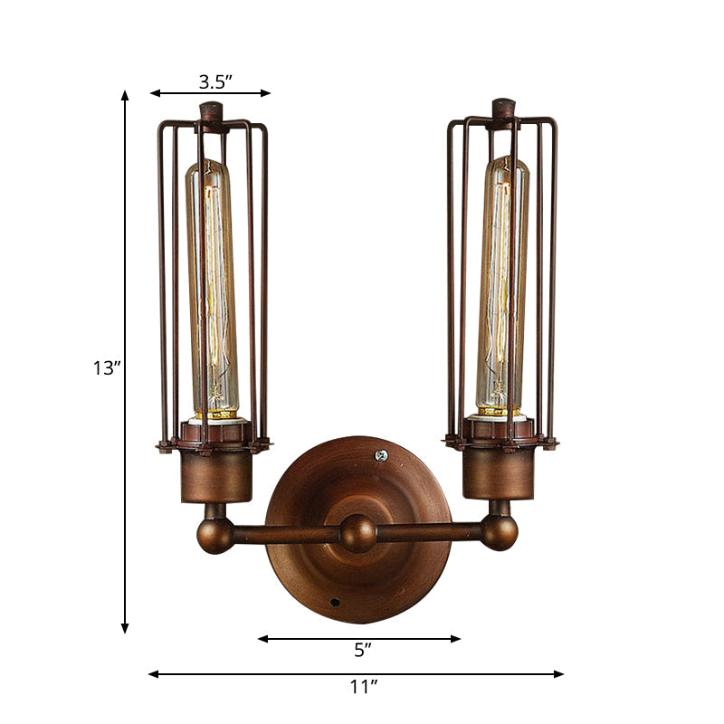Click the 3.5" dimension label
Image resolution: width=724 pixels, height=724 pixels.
215,81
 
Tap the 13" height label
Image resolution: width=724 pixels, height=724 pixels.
106,367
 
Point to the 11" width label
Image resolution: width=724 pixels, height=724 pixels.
363,688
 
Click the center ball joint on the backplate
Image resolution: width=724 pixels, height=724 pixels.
358,533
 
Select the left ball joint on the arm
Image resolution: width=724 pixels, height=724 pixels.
215,534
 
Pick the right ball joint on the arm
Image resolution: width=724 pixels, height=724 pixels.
499,531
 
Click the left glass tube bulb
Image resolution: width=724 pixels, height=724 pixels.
212,285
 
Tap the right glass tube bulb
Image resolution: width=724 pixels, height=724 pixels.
503,285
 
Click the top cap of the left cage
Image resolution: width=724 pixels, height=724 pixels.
213,113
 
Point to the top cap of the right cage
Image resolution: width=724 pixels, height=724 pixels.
504,109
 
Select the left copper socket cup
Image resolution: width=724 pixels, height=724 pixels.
215,475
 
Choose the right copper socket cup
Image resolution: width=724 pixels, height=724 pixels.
499,473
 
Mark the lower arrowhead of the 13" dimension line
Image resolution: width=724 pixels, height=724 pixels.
125,628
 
